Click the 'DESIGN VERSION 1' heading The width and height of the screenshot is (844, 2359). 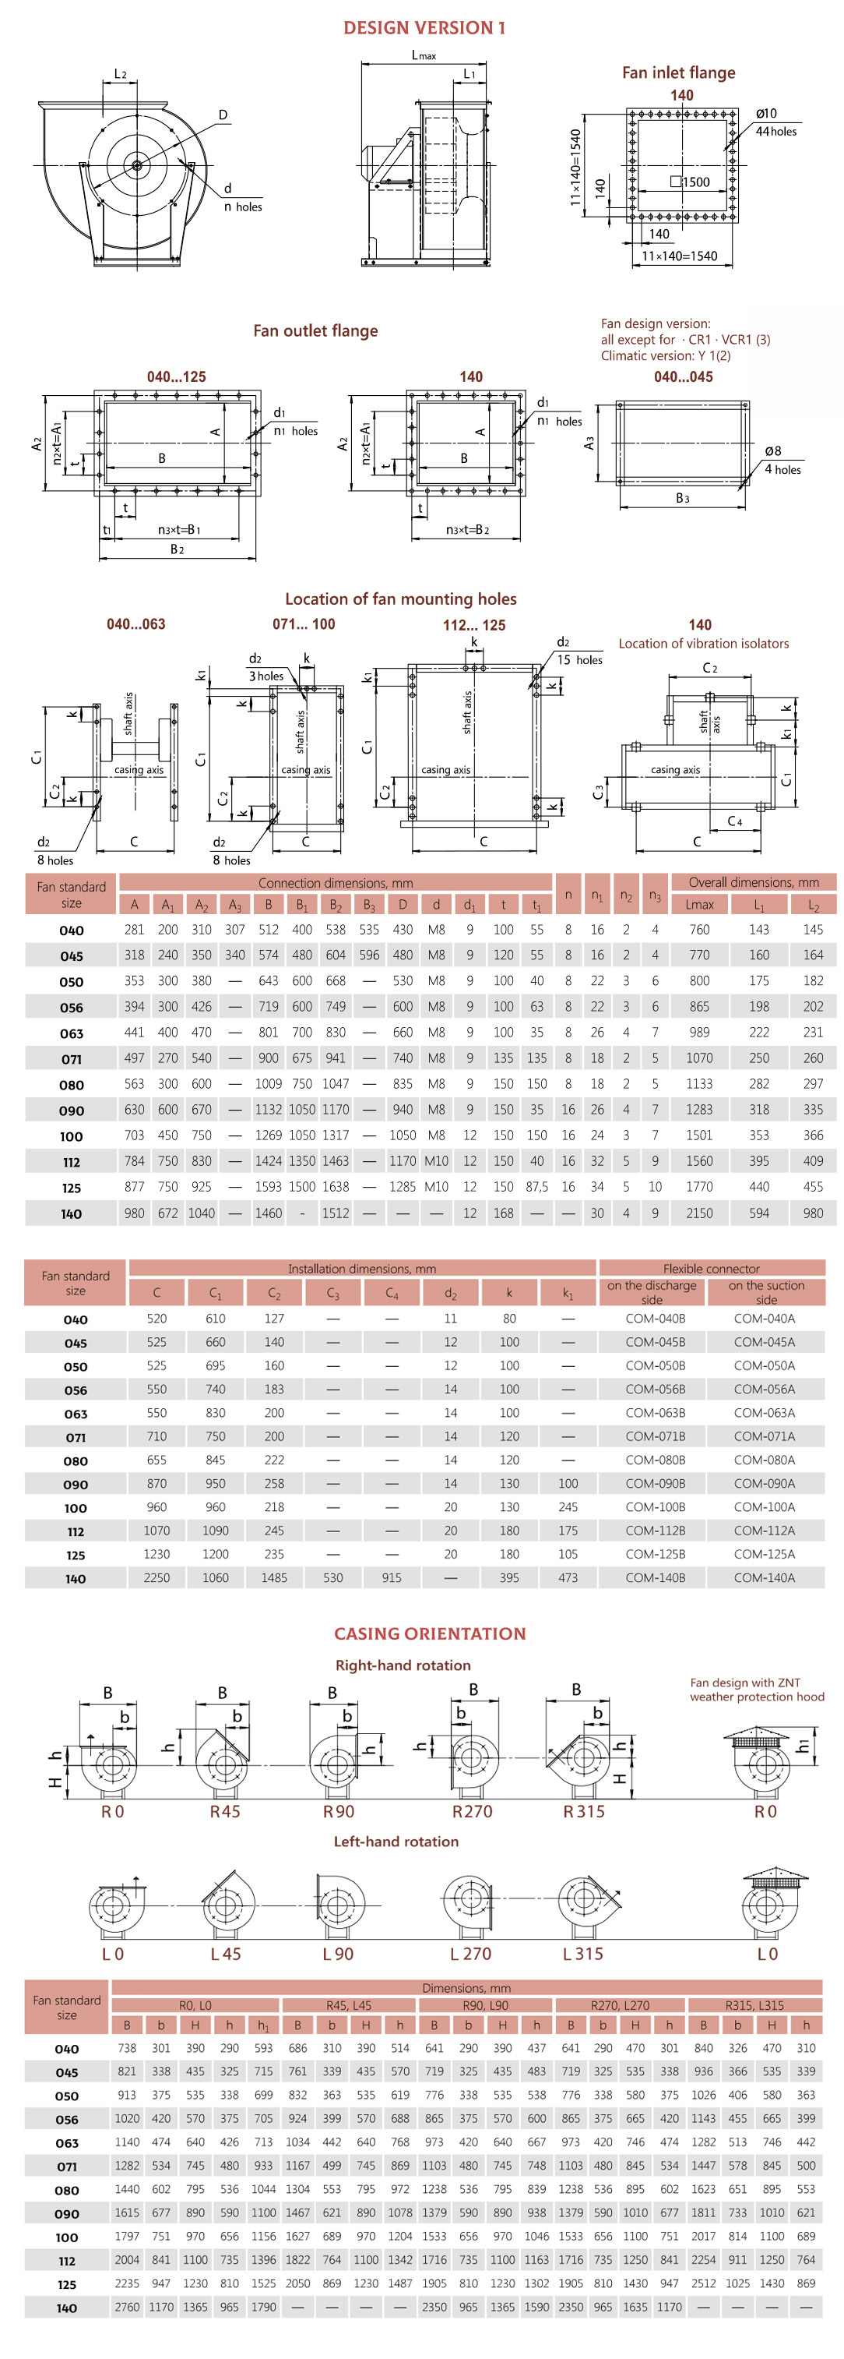pyautogui.click(x=423, y=27)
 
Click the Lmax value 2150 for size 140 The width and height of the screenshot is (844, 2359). pyautogui.click(x=698, y=1213)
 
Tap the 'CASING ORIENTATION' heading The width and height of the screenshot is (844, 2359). pyautogui.click(x=429, y=1633)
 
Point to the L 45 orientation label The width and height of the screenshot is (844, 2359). pyautogui.click(x=225, y=1953)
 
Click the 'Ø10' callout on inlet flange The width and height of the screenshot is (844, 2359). pyautogui.click(x=766, y=114)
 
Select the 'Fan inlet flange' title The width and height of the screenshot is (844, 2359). pyautogui.click(x=678, y=72)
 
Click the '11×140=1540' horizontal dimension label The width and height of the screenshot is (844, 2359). pyautogui.click(x=678, y=256)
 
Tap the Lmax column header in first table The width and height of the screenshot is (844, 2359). pyautogui.click(x=698, y=904)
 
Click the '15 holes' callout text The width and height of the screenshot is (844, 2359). pyautogui.click(x=579, y=659)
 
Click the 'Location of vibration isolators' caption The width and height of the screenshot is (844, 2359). pyautogui.click(x=703, y=643)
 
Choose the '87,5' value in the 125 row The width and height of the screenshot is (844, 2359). pyautogui.click(x=536, y=1186)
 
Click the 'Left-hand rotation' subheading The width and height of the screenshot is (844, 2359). pyautogui.click(x=396, y=1841)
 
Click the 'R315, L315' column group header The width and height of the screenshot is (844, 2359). pyautogui.click(x=754, y=2004)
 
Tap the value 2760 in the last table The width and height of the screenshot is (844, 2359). pyautogui.click(x=126, y=2306)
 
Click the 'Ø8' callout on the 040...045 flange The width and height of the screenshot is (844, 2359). pyautogui.click(x=772, y=450)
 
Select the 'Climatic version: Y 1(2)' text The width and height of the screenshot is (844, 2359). pyautogui.click(x=665, y=355)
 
